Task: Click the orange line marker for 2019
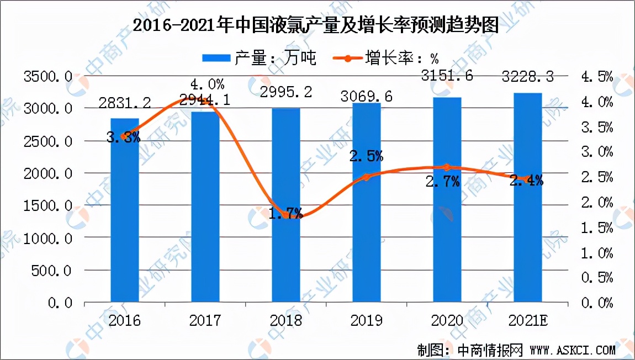367,177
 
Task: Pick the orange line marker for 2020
447,167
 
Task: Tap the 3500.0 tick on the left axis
49,77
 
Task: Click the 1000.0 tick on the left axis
49,239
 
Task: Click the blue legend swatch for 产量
217,58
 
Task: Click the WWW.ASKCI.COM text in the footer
571,350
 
